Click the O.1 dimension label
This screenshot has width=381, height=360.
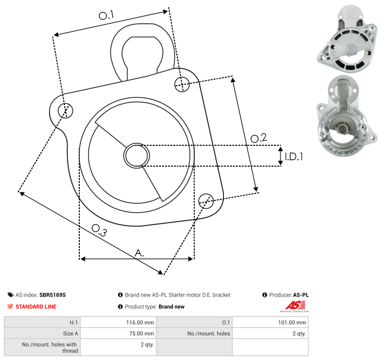(x=106, y=15)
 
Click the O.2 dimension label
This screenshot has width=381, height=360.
(x=259, y=138)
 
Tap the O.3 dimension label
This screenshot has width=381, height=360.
(x=99, y=230)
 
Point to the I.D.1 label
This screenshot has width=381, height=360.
(x=294, y=157)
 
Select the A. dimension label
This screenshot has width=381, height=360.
(x=139, y=253)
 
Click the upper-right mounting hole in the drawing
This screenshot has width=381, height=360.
(x=182, y=84)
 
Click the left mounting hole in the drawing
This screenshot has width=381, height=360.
(x=65, y=111)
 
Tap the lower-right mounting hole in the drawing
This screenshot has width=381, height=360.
(x=206, y=201)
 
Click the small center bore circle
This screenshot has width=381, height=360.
(x=137, y=156)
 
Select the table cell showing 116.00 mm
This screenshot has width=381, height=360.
(x=118, y=322)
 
